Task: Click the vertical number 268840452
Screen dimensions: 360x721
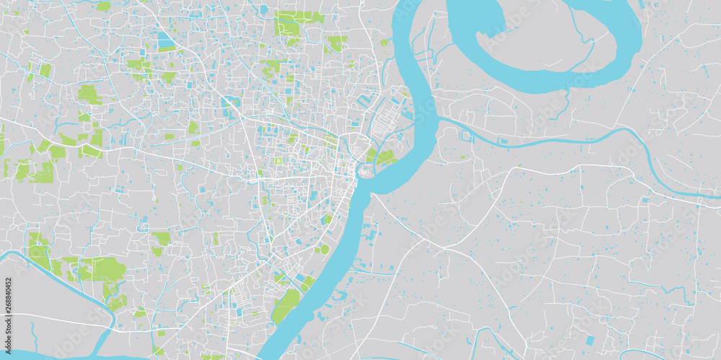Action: [x=8, y=309]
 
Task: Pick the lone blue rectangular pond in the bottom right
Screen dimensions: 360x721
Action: [x=590, y=340]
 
